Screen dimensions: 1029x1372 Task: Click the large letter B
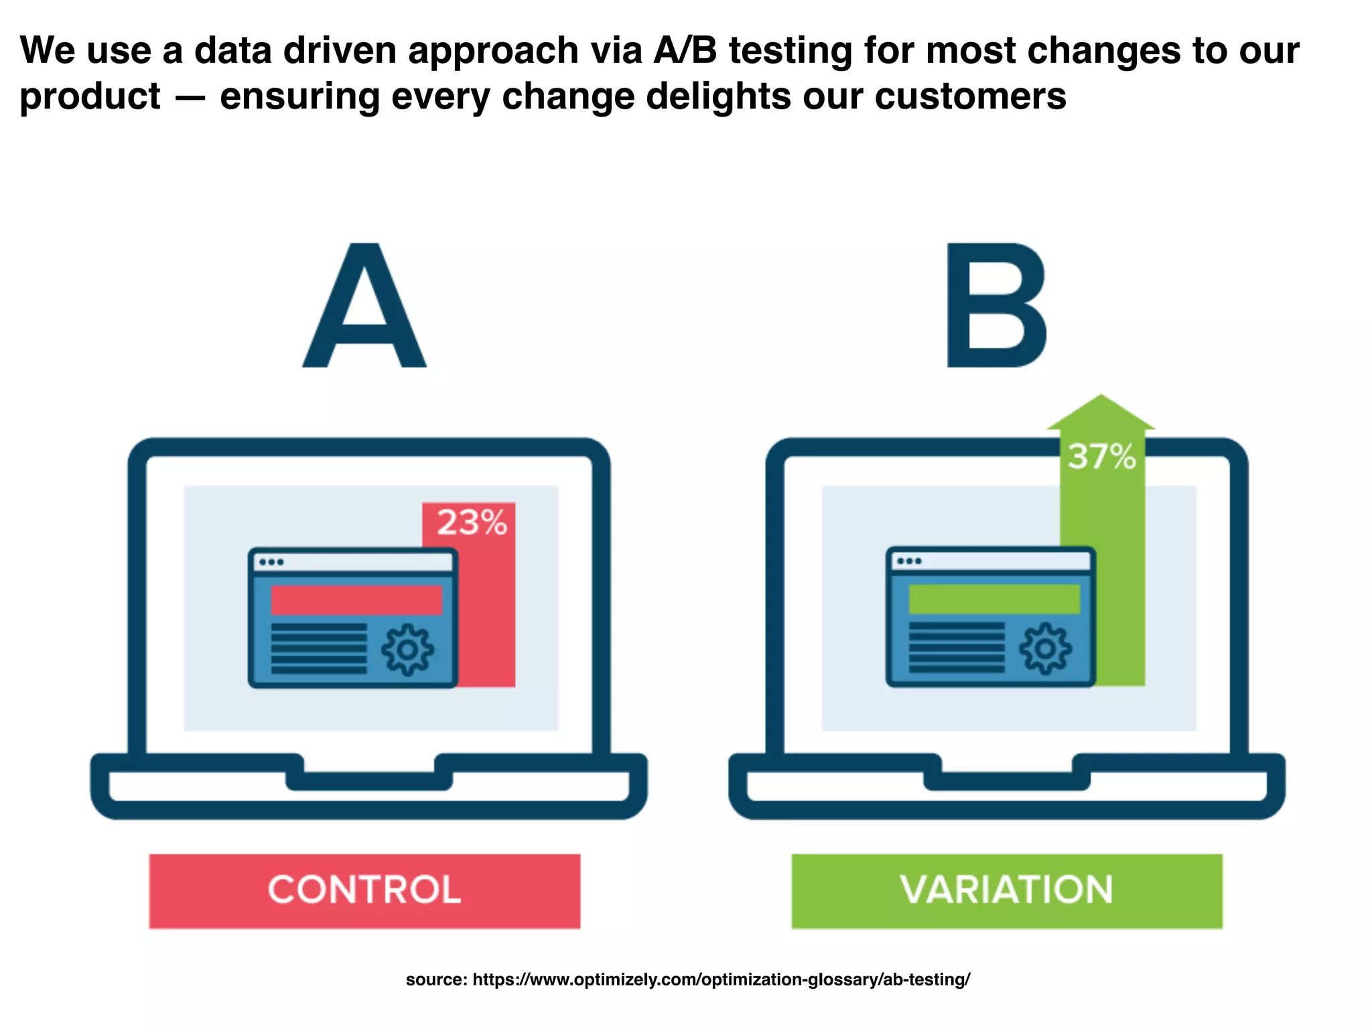[x=996, y=306]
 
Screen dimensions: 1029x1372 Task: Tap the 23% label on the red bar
[x=472, y=523]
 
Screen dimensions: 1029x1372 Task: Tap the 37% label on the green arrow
[x=1101, y=457]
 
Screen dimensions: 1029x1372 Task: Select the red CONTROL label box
[x=364, y=890]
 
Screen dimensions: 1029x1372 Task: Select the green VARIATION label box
[x=1006, y=890]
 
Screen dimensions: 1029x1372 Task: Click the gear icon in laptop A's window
[x=407, y=649]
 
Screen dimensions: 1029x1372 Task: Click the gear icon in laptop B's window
[x=1045, y=648]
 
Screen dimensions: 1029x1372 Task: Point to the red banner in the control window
[x=356, y=600]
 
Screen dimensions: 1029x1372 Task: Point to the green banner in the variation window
[x=994, y=599]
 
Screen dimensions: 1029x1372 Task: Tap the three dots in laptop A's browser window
[x=271, y=562]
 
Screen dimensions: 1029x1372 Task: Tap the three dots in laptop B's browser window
[x=909, y=561]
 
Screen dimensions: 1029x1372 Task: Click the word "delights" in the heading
[x=717, y=96]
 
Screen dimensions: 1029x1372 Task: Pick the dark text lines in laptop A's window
[x=319, y=648]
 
